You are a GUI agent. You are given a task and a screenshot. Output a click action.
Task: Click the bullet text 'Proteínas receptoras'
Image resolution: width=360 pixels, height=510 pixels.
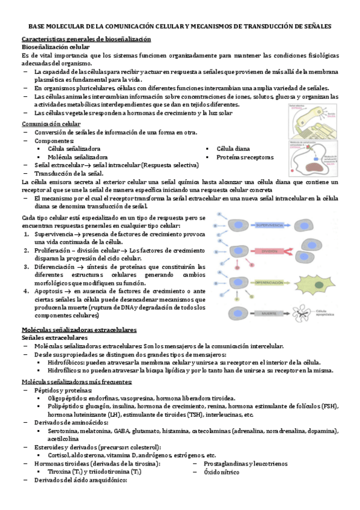[245, 157]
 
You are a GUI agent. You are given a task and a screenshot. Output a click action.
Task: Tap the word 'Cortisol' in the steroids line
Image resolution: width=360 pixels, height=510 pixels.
[60, 455]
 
